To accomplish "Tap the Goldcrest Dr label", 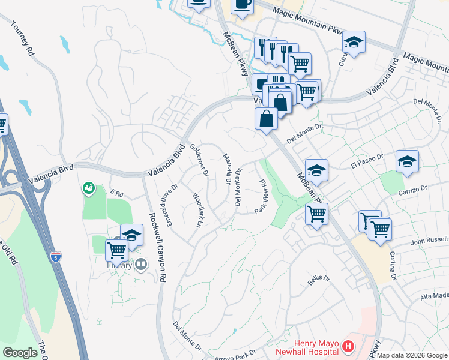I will [199, 160].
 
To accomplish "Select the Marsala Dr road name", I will [227, 169].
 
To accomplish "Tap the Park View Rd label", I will [262, 196].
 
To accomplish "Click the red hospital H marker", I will [348, 346].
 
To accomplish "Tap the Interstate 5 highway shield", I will [56, 257].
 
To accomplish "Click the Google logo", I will [20, 353].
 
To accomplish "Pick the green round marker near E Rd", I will [88, 188].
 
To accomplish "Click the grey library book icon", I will [142, 264].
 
